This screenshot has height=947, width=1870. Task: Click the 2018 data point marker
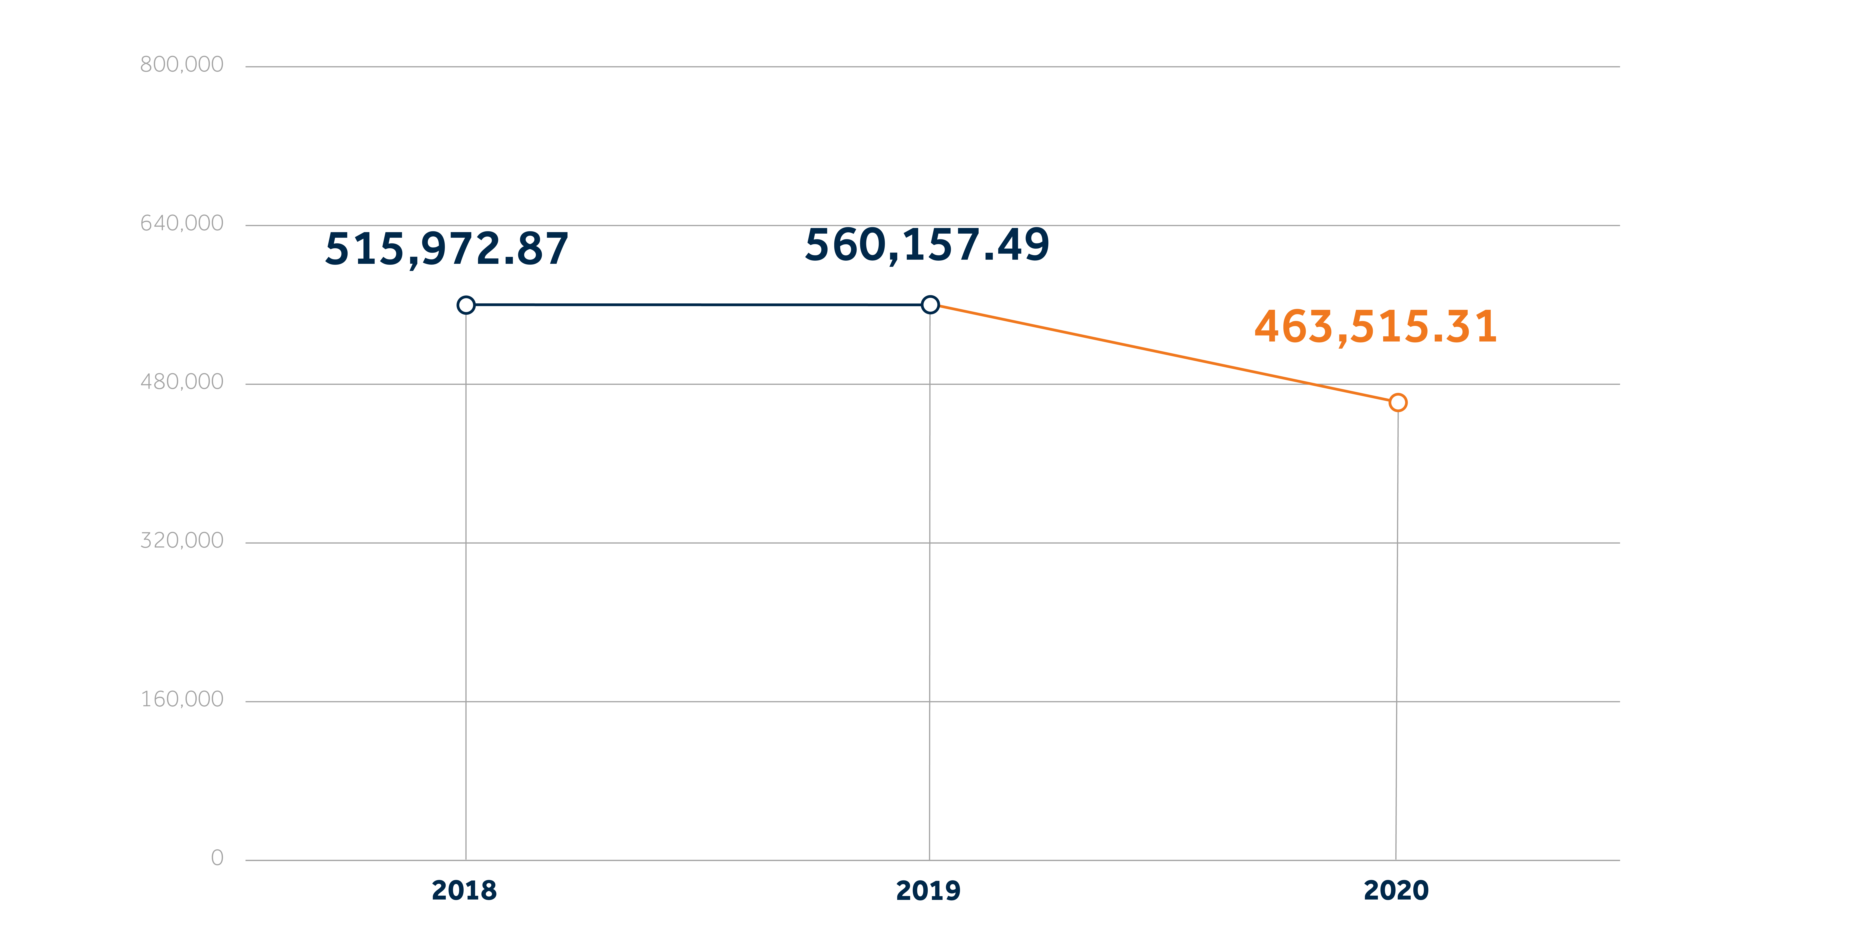point(466,305)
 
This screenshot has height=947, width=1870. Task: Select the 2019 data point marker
point(930,305)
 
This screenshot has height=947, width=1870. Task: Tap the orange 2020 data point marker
point(1397,402)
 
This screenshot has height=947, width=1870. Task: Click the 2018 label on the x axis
point(464,890)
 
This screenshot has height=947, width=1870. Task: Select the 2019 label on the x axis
point(928,890)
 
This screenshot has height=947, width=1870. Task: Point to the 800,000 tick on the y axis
point(182,65)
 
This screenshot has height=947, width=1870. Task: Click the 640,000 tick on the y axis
point(182,223)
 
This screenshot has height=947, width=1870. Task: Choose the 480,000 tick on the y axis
point(182,382)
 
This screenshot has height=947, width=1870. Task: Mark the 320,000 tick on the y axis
point(182,540)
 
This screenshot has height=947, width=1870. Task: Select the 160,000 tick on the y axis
point(182,699)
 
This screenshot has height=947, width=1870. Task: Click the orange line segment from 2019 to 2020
point(1161,354)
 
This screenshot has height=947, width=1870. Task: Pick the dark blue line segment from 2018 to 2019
point(697,305)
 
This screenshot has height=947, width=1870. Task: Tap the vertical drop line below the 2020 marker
point(1397,632)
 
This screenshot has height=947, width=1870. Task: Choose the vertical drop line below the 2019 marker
point(929,581)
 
